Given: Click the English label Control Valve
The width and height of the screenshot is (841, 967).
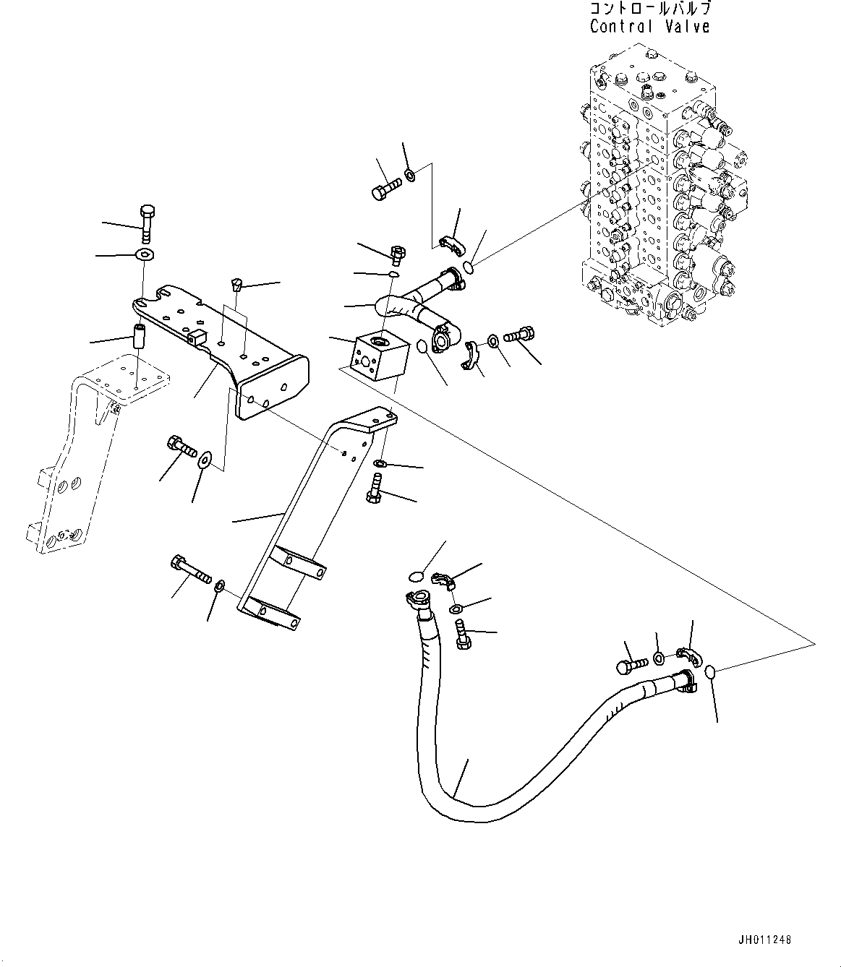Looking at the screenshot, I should coord(649,27).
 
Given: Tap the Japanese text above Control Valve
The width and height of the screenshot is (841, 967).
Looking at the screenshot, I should coord(650,9).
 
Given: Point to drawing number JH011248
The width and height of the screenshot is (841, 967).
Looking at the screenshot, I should coord(764,940).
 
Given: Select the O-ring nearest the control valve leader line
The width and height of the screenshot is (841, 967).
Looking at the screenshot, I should coord(469,268).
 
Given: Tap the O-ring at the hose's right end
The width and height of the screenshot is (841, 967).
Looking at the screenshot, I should coord(711,671).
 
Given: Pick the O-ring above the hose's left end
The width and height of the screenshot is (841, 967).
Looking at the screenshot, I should coord(415,576).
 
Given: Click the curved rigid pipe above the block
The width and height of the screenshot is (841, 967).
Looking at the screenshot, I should coord(412,304).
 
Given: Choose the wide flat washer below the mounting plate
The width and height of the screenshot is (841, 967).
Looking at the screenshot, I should coord(205,460).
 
